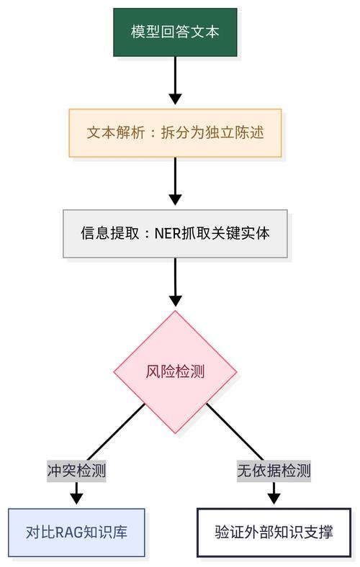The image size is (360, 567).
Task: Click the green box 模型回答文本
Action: (x=175, y=32)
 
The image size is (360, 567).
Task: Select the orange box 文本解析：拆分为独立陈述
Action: (x=175, y=132)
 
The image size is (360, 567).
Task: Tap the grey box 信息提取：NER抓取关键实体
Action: (x=175, y=233)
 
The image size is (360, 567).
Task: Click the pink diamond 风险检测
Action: (x=175, y=371)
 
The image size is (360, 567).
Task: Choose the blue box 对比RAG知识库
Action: (x=76, y=533)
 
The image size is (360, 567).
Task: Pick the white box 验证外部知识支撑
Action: (x=274, y=533)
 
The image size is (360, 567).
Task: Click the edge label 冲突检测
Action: (x=76, y=471)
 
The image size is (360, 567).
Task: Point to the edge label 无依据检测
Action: (x=274, y=471)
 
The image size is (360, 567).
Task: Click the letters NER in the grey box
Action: (x=167, y=233)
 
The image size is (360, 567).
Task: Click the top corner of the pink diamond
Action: (x=175, y=312)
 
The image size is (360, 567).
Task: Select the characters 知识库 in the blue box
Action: (x=105, y=533)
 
